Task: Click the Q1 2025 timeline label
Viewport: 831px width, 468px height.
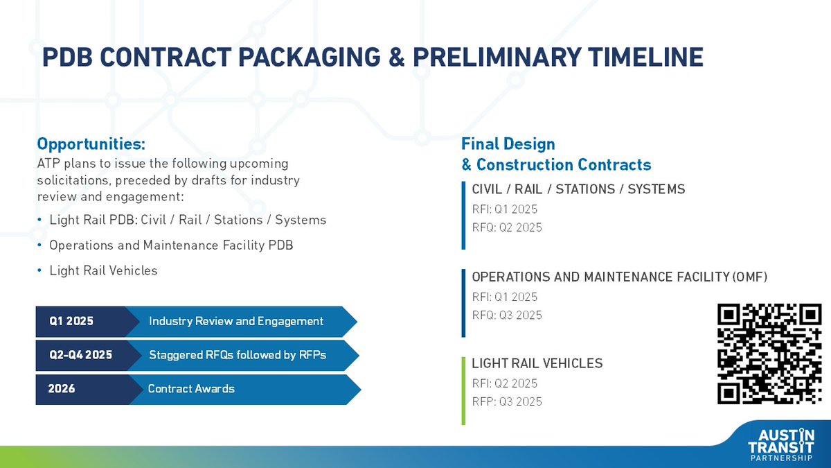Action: click(71, 321)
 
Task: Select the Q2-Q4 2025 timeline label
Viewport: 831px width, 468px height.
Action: click(80, 355)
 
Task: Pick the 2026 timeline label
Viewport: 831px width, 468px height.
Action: click(62, 389)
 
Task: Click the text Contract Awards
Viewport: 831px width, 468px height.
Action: click(191, 389)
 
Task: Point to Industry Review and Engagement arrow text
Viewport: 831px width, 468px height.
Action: click(236, 321)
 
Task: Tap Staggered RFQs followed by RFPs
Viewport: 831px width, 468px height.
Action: click(238, 355)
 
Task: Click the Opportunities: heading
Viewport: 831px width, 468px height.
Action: click(91, 144)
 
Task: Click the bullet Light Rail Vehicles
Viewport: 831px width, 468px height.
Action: click(103, 270)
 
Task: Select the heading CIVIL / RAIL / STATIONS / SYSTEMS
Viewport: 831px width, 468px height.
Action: click(578, 189)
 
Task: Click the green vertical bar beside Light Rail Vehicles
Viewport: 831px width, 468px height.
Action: click(463, 390)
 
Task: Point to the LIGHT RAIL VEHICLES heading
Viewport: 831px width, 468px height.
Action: click(537, 363)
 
